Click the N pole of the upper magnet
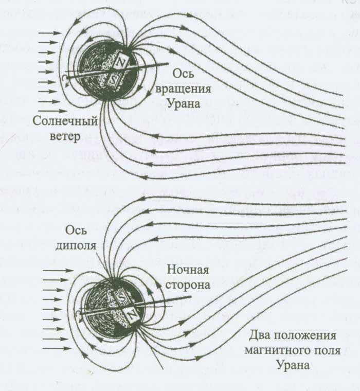pyautogui.click(x=121, y=64)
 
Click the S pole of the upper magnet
pyautogui.click(x=115, y=80)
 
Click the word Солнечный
pyautogui.click(x=65, y=121)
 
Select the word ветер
pyautogui.click(x=65, y=136)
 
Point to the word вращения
pyautogui.click(x=183, y=90)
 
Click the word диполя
pyautogui.click(x=76, y=246)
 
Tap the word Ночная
pyautogui.click(x=188, y=270)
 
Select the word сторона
pyautogui.click(x=188, y=285)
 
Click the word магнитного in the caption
pyautogui.click(x=278, y=350)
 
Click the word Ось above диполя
pyautogui.click(x=76, y=230)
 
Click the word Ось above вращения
pyautogui.click(x=184, y=74)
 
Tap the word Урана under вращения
pyautogui.click(x=184, y=103)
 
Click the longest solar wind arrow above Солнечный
pyautogui.click(x=52, y=111)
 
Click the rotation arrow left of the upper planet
pyautogui.click(x=65, y=80)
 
